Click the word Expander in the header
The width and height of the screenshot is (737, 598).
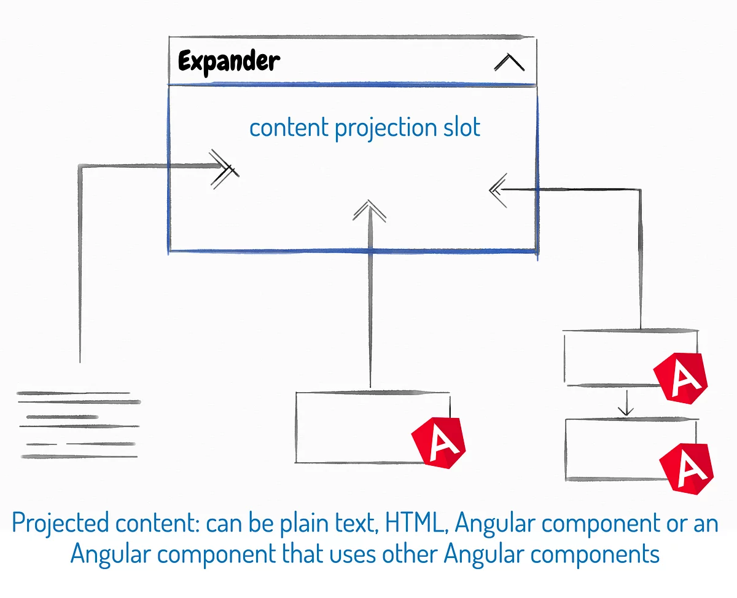pyautogui.click(x=228, y=62)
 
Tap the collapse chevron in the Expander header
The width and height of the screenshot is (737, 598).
pyautogui.click(x=509, y=63)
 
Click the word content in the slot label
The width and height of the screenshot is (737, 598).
pyautogui.click(x=289, y=128)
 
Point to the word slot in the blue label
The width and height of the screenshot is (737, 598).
pyautogui.click(x=461, y=128)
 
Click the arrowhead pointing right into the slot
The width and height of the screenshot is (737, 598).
pyautogui.click(x=224, y=167)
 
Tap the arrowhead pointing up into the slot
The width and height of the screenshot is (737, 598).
pyautogui.click(x=370, y=210)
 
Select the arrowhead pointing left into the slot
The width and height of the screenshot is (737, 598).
pyautogui.click(x=497, y=189)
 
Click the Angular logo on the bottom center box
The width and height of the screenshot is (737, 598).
pyautogui.click(x=439, y=441)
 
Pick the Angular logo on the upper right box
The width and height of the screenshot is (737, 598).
pyautogui.click(x=680, y=376)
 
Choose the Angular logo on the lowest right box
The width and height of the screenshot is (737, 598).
pyautogui.click(x=687, y=466)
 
